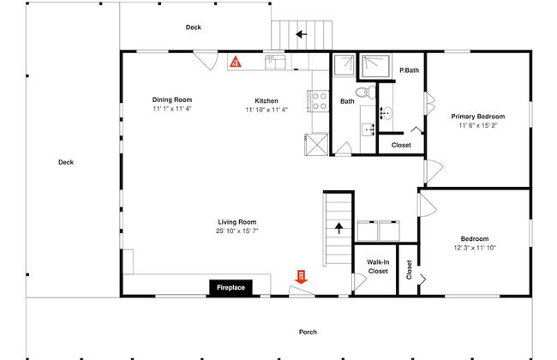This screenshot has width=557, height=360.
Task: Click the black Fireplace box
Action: click(x=231, y=287)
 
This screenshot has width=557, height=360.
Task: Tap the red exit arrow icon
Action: click(x=302, y=277)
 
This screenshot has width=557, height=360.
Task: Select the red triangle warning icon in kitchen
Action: click(x=235, y=62)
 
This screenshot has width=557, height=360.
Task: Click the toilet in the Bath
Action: click(x=366, y=92)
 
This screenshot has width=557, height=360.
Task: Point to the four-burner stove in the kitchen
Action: click(x=319, y=101)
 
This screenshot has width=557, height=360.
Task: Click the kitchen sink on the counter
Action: click(x=275, y=62)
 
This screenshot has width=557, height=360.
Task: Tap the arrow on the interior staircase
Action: click(x=338, y=228)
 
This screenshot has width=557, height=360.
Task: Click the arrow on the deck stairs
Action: click(x=302, y=34)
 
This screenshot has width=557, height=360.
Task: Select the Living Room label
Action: click(x=237, y=222)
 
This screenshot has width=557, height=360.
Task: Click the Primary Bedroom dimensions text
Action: click(x=478, y=125)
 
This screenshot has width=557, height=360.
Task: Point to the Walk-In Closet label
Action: click(x=378, y=267)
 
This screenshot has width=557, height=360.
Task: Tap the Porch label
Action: click(x=308, y=332)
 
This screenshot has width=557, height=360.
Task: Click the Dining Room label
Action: click(x=172, y=99)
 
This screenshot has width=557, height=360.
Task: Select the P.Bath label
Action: click(x=409, y=70)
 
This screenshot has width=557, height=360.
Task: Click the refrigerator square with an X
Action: click(x=316, y=144)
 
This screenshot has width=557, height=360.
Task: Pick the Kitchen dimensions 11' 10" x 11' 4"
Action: click(x=267, y=110)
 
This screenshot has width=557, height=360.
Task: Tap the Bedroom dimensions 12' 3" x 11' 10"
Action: click(x=475, y=248)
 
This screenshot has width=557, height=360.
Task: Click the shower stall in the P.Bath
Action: click(x=375, y=66)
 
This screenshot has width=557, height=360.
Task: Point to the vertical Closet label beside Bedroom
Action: click(x=409, y=270)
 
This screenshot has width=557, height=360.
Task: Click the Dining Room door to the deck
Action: click(x=206, y=60)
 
